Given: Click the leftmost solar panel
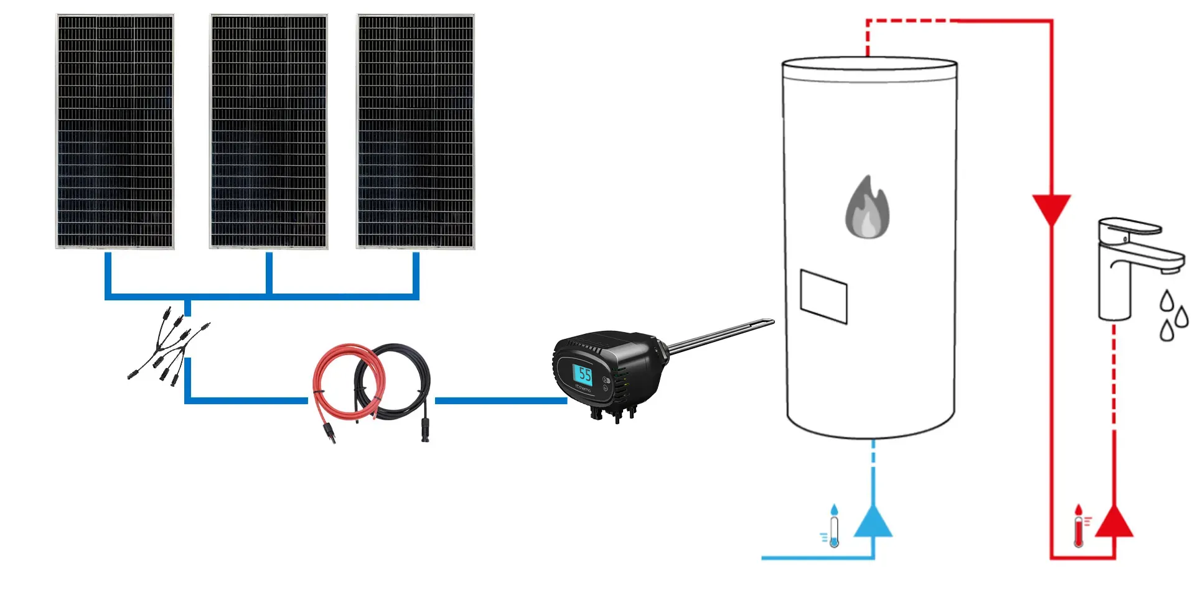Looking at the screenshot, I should [x=115, y=131].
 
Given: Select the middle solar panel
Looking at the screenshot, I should [x=269, y=131].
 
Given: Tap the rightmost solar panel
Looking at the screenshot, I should [x=416, y=131].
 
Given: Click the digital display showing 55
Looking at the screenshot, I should [x=583, y=374].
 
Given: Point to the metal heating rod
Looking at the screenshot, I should [x=722, y=336].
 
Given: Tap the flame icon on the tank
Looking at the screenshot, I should [x=867, y=208].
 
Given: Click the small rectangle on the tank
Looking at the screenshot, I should [x=823, y=297].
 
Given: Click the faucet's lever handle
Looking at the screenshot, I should [x=1130, y=225].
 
